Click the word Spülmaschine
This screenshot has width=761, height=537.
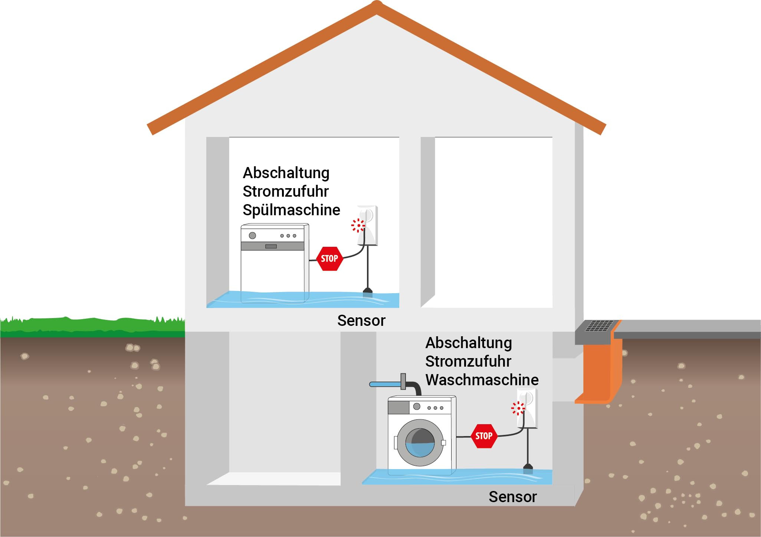click(291, 210)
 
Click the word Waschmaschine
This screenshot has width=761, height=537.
click(482, 380)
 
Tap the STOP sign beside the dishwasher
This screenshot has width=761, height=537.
click(329, 259)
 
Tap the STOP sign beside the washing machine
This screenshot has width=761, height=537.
click(484, 436)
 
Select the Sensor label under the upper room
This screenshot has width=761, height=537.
click(361, 321)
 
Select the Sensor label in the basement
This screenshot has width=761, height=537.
click(513, 497)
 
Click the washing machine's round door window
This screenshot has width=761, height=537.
click(420, 443)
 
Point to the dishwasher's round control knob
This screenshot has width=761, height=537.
click(252, 236)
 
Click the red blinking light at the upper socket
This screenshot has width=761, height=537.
click(358, 225)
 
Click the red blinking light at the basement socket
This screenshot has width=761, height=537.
click(518, 408)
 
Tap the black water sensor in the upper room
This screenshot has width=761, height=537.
click(367, 292)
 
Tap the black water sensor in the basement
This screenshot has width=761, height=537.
click(528, 469)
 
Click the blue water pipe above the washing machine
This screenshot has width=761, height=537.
click(386, 384)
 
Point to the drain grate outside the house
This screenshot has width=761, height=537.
click(599, 326)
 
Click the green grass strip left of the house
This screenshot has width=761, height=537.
click(92, 327)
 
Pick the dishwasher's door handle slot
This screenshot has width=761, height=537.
click(271, 246)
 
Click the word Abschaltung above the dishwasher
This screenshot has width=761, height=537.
click(286, 173)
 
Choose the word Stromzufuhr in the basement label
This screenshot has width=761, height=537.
click(468, 361)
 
